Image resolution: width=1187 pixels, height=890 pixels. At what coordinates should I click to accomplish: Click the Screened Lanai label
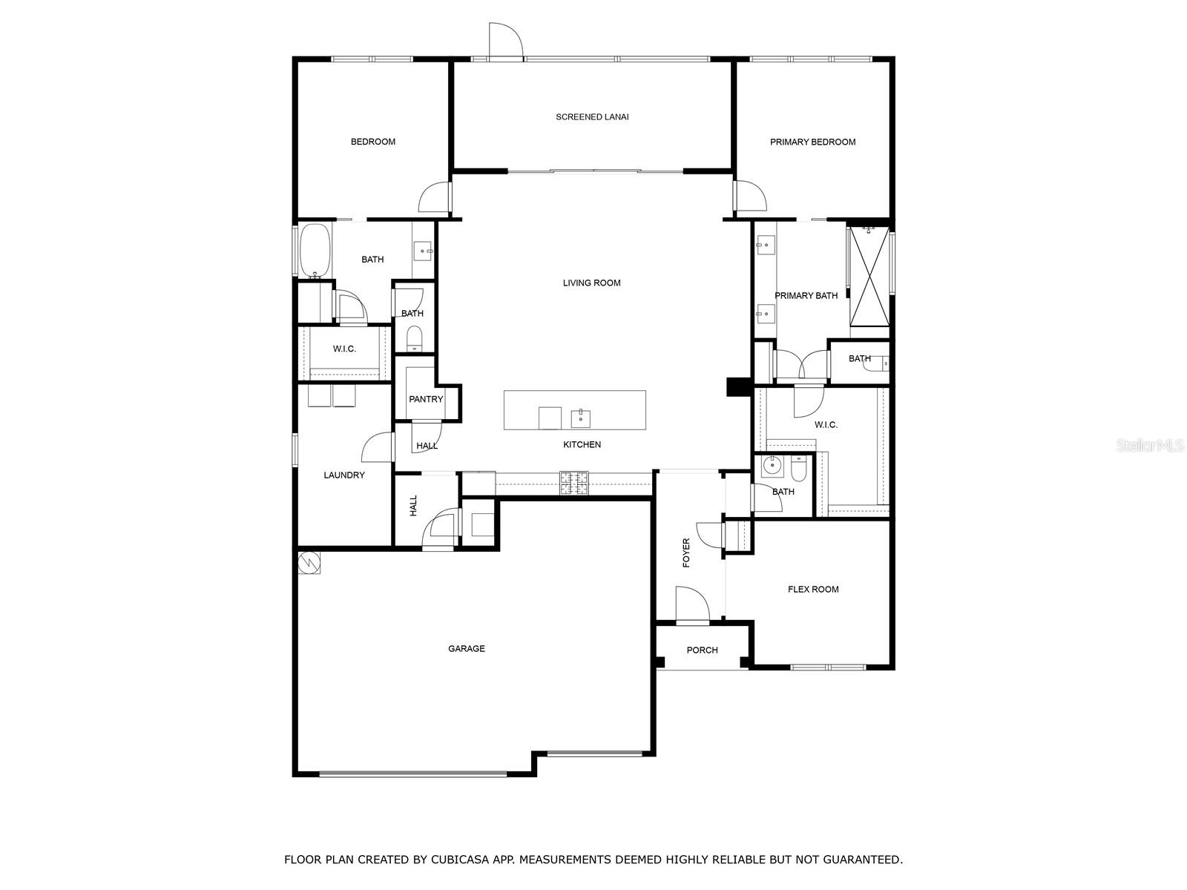click(592, 117)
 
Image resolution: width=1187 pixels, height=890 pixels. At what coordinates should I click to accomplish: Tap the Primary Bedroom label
click(812, 142)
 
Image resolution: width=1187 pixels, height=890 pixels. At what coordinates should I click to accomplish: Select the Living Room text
click(591, 283)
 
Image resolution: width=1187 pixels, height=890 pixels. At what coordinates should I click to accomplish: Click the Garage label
click(466, 649)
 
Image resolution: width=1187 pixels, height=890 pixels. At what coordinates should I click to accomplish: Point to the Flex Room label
click(813, 590)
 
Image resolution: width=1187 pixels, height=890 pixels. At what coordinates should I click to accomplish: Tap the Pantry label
click(426, 399)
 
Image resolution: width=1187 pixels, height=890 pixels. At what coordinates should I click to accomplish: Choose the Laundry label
click(344, 475)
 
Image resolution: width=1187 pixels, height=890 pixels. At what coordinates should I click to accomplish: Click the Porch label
click(702, 650)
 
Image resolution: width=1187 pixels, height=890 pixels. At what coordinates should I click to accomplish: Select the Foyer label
click(686, 553)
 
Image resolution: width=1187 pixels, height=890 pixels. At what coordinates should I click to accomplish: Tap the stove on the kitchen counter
click(573, 483)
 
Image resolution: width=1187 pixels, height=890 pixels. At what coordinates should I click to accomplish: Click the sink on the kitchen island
click(580, 418)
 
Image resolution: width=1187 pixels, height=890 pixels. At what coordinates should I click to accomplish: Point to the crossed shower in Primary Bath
click(869, 275)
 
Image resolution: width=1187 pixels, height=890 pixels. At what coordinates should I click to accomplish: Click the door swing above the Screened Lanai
click(506, 40)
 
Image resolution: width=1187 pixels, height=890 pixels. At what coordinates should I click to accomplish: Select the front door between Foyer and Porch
click(692, 602)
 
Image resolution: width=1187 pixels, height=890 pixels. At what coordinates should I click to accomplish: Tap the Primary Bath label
click(806, 296)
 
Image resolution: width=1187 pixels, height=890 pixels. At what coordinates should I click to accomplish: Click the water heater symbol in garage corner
click(309, 562)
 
